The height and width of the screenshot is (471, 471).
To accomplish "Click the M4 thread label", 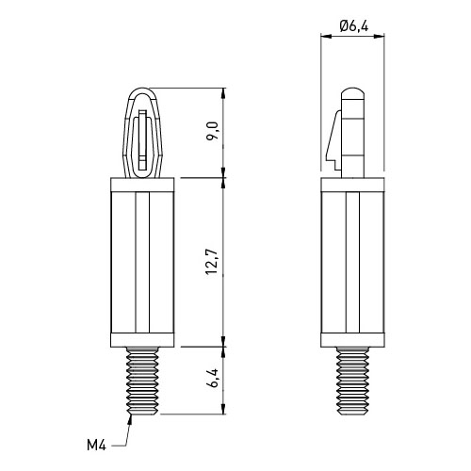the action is [97, 446].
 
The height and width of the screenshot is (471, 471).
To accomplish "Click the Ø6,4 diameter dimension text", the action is [354, 25].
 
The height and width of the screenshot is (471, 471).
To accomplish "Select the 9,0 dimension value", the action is [213, 131].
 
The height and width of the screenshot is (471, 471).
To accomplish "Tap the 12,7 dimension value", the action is [213, 262].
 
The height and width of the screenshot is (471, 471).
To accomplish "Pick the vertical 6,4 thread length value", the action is [213, 378].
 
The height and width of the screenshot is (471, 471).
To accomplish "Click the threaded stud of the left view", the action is [142, 381].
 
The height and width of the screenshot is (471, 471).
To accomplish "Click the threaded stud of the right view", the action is [352, 381].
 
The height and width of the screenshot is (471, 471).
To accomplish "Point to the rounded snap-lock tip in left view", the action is [142, 93].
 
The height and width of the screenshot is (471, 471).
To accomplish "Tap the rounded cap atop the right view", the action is [352, 93].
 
